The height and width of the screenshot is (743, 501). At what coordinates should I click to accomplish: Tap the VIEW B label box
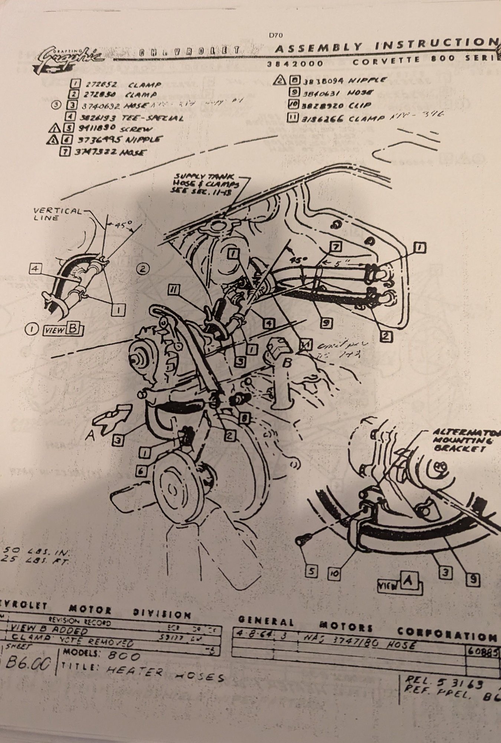point(63,329)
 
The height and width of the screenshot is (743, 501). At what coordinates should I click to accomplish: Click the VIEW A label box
point(399,585)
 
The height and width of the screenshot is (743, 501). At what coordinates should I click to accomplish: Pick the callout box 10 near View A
point(334,574)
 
